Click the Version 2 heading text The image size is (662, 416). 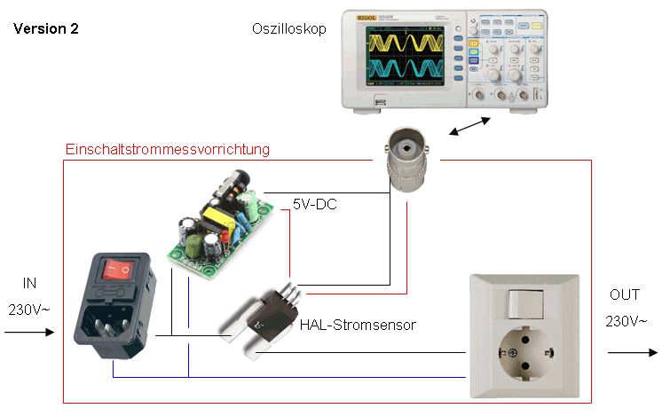[x=46, y=29]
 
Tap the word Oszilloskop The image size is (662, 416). [x=289, y=29]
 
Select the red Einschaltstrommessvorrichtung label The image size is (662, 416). [x=168, y=149]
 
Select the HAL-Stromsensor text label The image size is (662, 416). [x=358, y=325]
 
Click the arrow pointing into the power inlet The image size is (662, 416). [x=28, y=334]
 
